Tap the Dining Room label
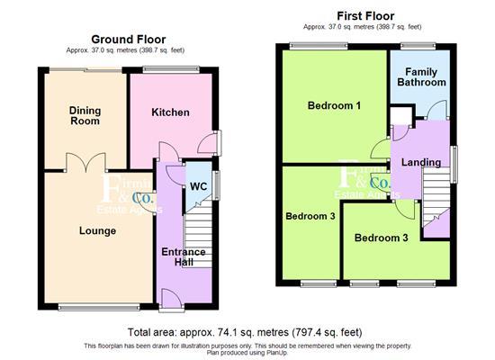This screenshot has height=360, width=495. click(x=85, y=115)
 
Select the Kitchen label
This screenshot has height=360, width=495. click(x=170, y=112)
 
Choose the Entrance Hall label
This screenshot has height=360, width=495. click(x=184, y=256)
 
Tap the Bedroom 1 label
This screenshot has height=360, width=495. click(x=334, y=105)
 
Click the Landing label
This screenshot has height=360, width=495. click(x=420, y=162)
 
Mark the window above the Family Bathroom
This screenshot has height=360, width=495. click(x=418, y=46)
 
